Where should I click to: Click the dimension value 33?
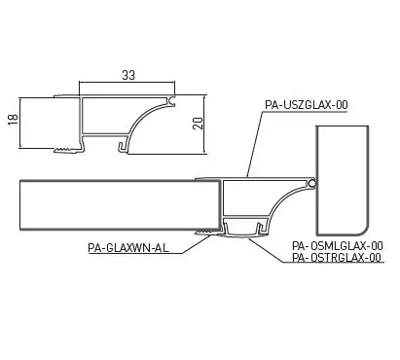(x=128, y=75)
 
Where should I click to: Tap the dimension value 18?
(x=13, y=120)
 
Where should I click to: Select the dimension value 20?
(x=198, y=124)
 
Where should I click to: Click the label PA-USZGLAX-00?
(x=307, y=105)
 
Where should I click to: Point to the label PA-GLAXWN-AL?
(x=128, y=248)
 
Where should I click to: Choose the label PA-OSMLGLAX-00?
(x=338, y=245)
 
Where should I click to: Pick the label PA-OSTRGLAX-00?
(x=337, y=258)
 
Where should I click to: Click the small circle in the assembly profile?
(x=311, y=184)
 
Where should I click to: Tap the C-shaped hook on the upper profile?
(x=172, y=100)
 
